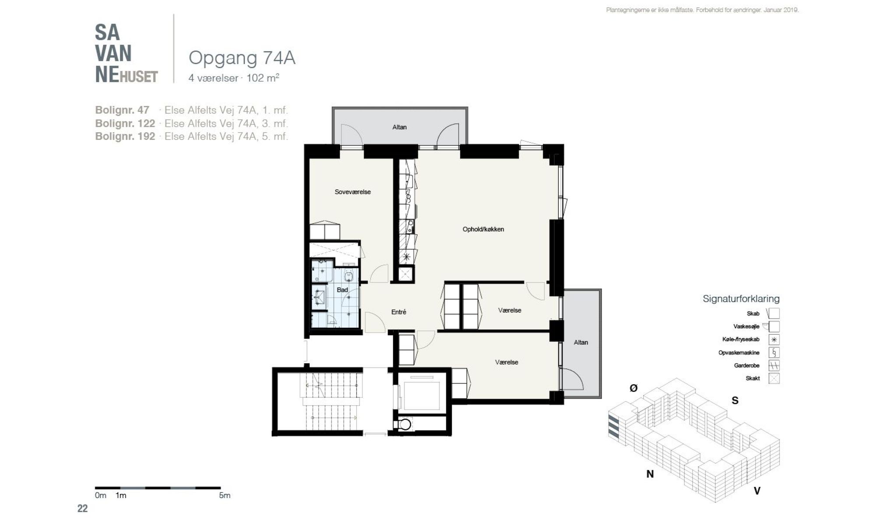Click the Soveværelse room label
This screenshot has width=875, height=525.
point(353,192)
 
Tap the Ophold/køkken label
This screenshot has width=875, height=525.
point(483,229)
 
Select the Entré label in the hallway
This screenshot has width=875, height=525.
point(399,312)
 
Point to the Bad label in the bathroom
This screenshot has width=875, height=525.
point(342,290)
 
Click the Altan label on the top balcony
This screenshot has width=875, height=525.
point(399,127)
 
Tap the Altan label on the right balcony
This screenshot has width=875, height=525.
point(581,343)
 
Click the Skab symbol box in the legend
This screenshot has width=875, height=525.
point(774,313)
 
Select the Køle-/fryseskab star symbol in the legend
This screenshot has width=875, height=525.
point(774,339)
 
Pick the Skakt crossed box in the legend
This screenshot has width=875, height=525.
point(774,378)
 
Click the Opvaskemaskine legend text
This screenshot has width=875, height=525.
point(739,353)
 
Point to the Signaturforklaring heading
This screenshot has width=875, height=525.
point(741,299)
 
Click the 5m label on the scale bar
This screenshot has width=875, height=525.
point(224,496)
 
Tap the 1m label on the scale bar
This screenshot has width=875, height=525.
point(121,496)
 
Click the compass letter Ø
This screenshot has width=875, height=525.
point(633,388)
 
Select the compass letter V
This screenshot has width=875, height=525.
point(757,491)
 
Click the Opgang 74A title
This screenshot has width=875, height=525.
point(242,58)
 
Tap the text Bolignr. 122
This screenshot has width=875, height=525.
point(125,123)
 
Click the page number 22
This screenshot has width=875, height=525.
point(82,508)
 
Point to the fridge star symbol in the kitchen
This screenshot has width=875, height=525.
point(406,257)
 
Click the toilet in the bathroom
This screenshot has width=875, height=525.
point(349,276)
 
